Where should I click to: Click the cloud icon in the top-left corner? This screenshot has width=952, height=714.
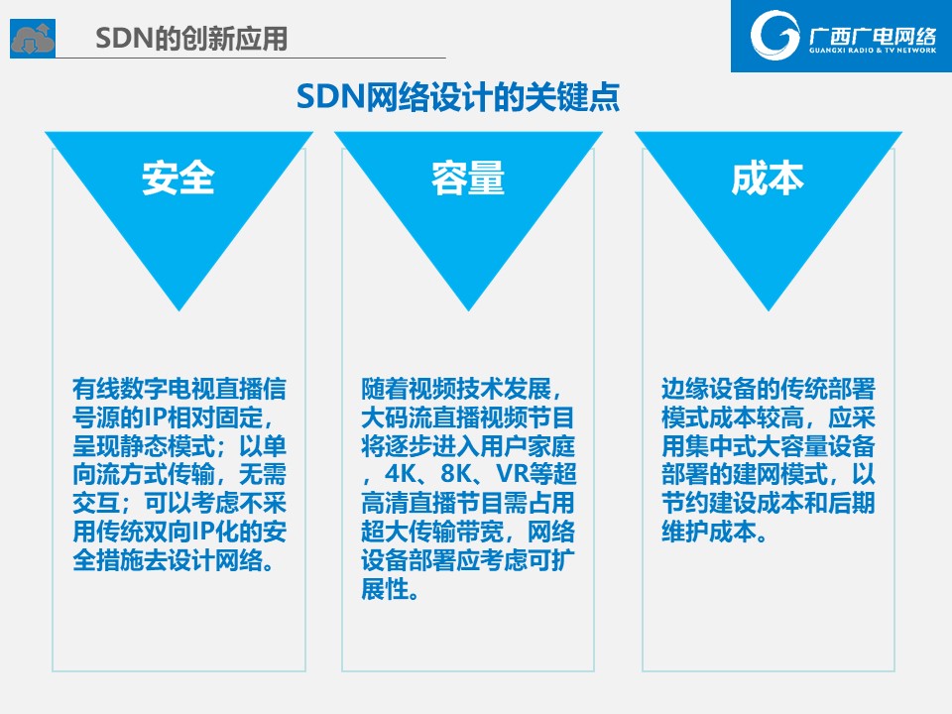33,39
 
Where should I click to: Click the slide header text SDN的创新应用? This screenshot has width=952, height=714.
191,39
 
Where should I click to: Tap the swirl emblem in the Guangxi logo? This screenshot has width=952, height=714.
774,35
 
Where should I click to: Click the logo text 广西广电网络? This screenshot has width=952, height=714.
872,37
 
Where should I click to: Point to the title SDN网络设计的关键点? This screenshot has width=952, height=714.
458,97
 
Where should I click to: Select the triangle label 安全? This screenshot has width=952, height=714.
178,178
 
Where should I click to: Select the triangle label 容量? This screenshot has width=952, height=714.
468,178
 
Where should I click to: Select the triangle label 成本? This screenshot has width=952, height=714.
768,178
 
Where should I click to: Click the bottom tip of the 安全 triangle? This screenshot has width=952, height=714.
179,310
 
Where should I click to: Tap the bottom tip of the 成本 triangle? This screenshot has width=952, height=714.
769,310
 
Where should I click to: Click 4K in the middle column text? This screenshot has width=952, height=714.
400,474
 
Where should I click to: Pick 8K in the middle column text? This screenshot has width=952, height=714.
456,474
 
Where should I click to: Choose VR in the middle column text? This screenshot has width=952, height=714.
512,474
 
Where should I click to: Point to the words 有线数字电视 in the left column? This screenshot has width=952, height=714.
143,389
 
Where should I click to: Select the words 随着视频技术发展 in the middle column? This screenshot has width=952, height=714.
456,389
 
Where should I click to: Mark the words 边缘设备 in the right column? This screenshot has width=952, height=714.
709,389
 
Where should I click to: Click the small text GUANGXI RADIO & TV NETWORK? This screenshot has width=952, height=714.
873,51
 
